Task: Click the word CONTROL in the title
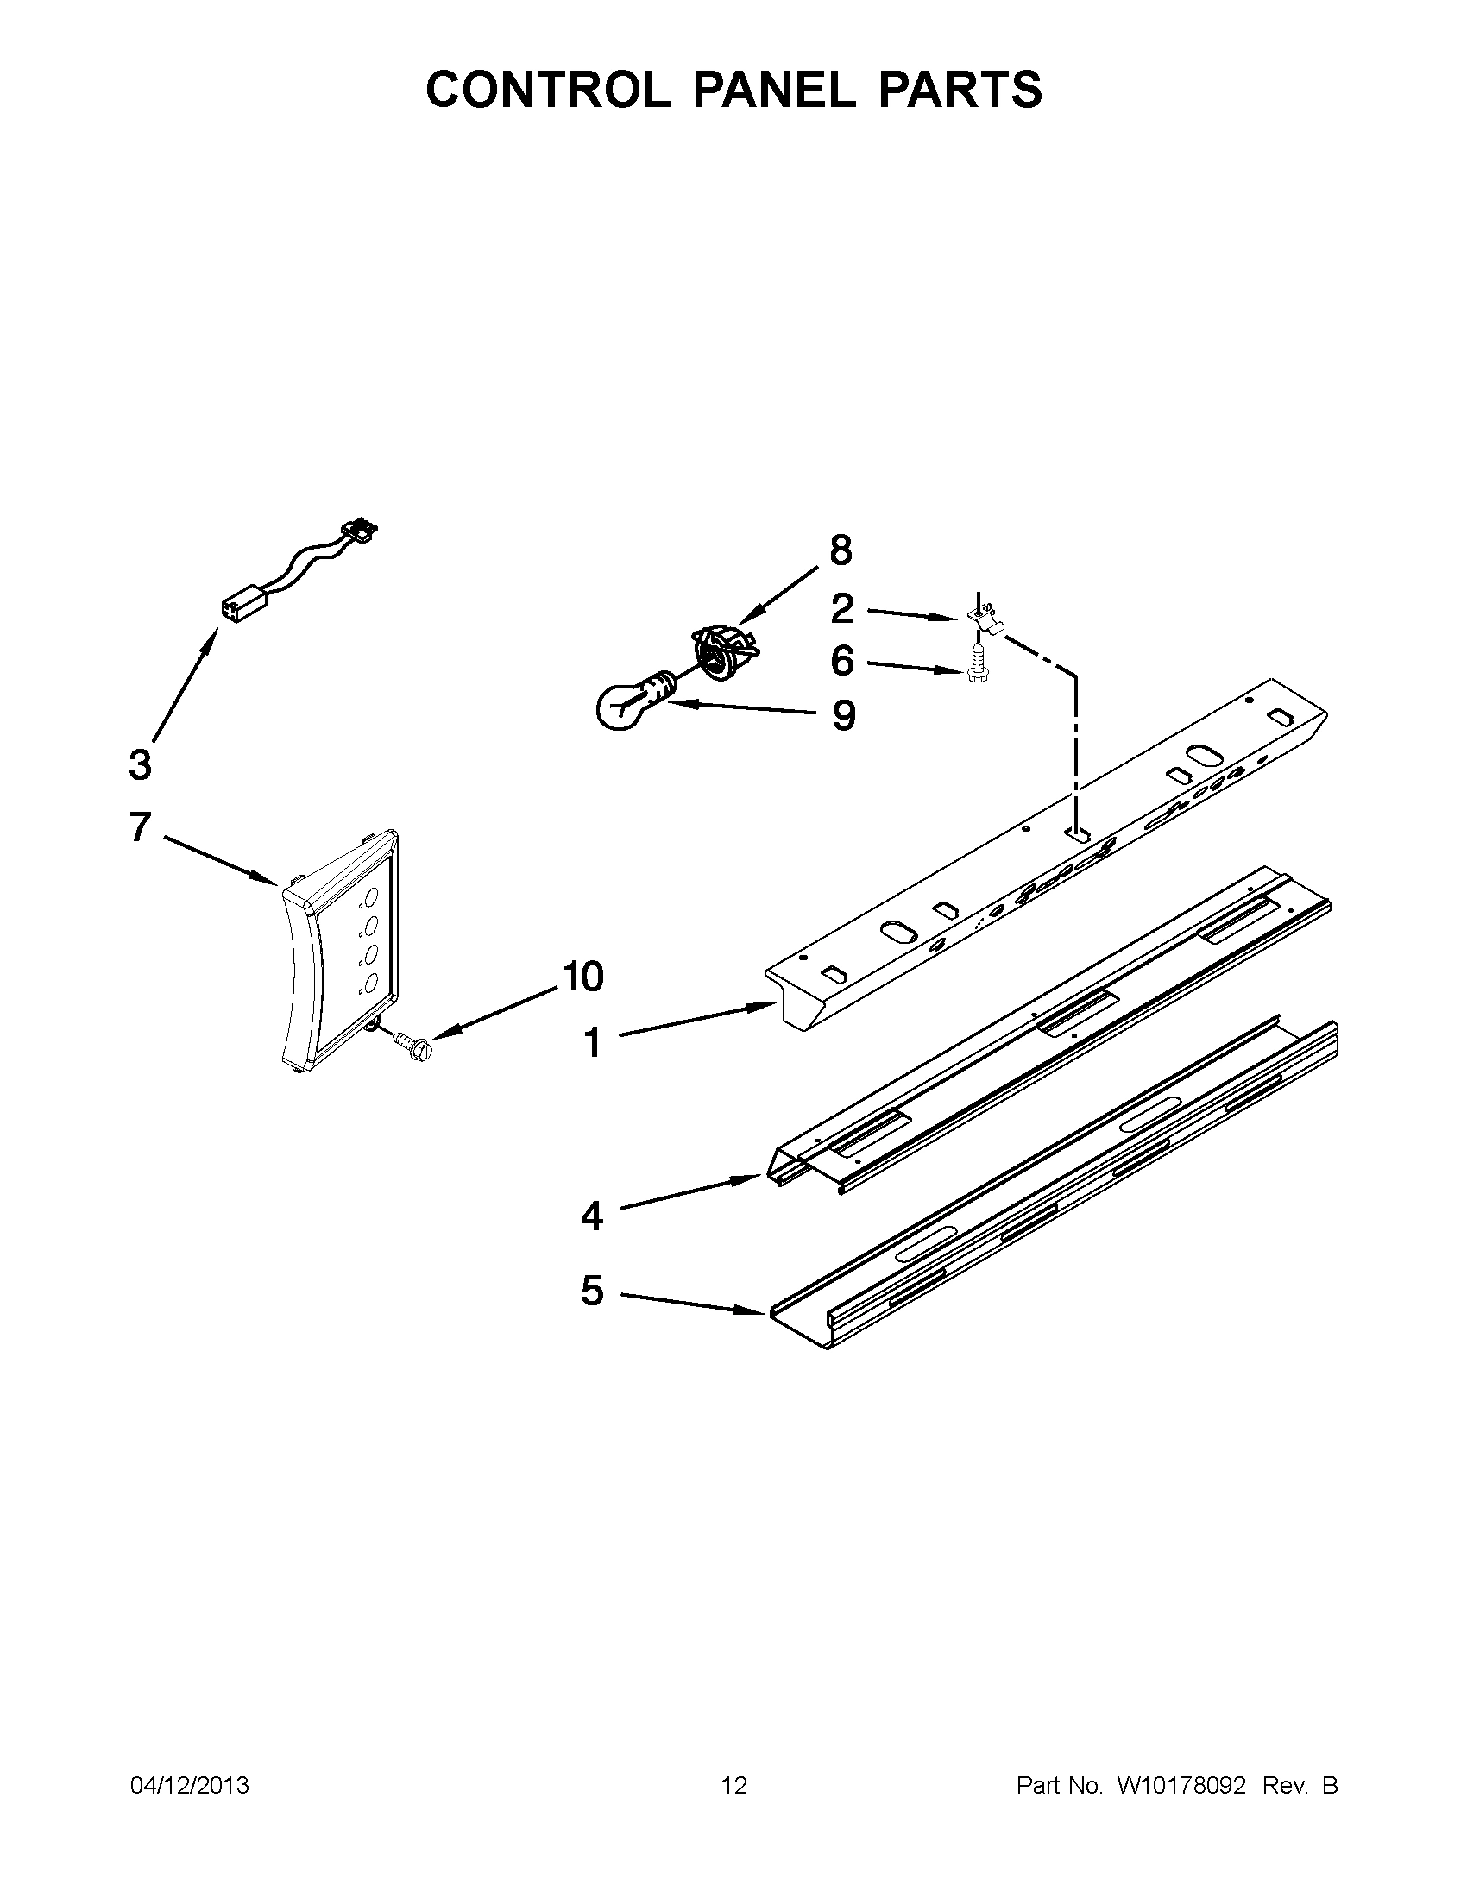click(x=547, y=90)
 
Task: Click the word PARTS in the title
click(x=960, y=90)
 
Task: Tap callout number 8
click(x=841, y=550)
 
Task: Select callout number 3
click(x=140, y=764)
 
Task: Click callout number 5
click(x=592, y=1315)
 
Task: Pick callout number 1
click(x=592, y=1042)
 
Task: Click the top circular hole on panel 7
click(x=370, y=896)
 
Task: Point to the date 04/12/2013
click(x=190, y=1785)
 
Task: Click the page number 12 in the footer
click(x=734, y=1785)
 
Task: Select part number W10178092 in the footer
click(x=1181, y=1785)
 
